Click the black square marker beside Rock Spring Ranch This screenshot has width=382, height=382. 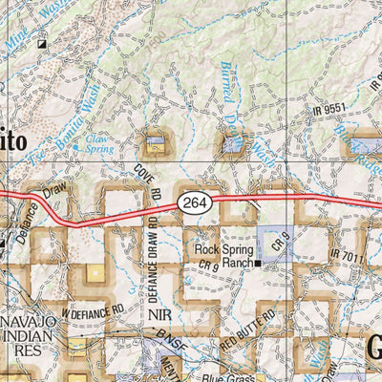point(258,264)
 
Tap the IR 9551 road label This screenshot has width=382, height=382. point(328,111)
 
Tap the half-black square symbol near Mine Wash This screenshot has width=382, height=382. point(42,44)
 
